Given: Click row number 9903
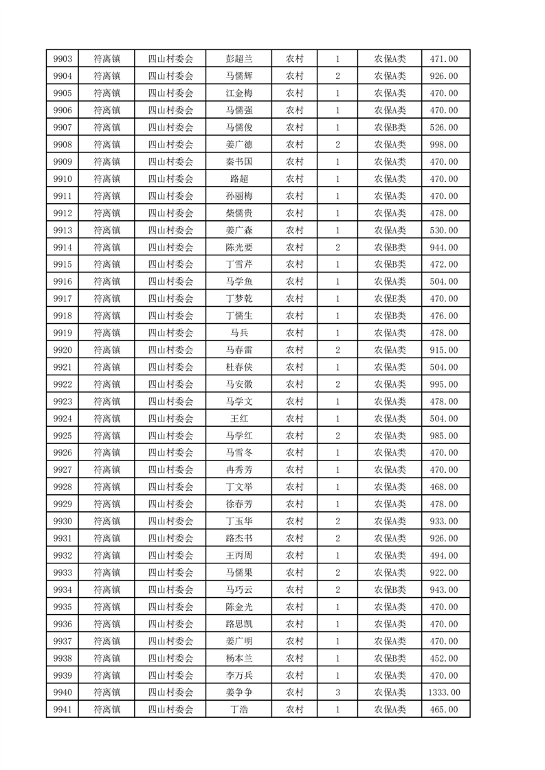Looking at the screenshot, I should coord(62,59).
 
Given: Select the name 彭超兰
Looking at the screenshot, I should coord(238,59).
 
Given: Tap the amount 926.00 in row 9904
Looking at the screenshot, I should coord(445,76).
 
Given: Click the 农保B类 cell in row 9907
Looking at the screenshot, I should coord(390,128).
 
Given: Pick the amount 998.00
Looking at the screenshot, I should coord(445,145).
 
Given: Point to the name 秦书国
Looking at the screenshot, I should coord(238,162).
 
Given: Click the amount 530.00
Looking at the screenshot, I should coord(445,231).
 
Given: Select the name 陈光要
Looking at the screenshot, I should coord(238,248).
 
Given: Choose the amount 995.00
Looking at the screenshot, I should coord(445,384).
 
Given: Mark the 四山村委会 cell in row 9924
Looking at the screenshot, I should coord(171,419).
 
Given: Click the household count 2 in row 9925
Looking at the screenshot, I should coord(337,436).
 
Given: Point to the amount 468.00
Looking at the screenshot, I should coord(445,487).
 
